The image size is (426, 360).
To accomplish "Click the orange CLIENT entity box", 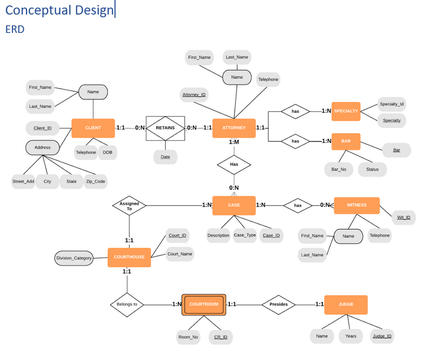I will pyautogui.click(x=93, y=128).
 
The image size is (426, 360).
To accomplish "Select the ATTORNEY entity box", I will pyautogui.click(x=233, y=128).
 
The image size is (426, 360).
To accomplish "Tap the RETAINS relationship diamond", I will pyautogui.click(x=165, y=128).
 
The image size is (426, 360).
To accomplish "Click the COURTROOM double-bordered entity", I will pyautogui.click(x=204, y=304).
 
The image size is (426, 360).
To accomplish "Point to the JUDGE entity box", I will pyautogui.click(x=346, y=304).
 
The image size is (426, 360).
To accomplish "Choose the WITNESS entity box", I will pyautogui.click(x=356, y=205).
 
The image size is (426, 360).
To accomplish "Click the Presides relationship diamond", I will pyautogui.click(x=279, y=304).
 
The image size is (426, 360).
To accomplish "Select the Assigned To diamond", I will pyautogui.click(x=129, y=206).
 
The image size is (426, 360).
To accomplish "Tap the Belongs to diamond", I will pyautogui.click(x=127, y=304).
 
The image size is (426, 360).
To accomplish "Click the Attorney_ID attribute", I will pyautogui.click(x=194, y=95).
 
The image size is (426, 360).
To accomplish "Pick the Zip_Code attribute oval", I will pyautogui.click(x=96, y=181).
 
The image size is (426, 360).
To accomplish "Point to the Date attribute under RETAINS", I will pyautogui.click(x=165, y=157).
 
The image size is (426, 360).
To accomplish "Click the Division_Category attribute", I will pyautogui.click(x=74, y=258).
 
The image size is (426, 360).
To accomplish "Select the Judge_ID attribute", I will pyautogui.click(x=382, y=336).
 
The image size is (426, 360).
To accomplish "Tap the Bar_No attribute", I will pyautogui.click(x=339, y=169).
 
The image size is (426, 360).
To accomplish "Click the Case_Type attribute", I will pyautogui.click(x=245, y=235).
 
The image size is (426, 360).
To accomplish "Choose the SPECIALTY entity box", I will pyautogui.click(x=346, y=111).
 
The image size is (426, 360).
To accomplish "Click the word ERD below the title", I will pyautogui.click(x=15, y=29).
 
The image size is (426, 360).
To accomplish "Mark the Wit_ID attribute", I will pyautogui.click(x=403, y=218).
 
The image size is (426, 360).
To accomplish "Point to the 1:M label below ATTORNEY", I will pyautogui.click(x=234, y=142).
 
